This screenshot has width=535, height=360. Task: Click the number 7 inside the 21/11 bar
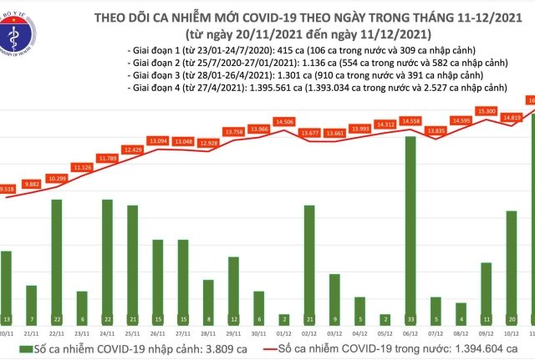coord(31,320)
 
